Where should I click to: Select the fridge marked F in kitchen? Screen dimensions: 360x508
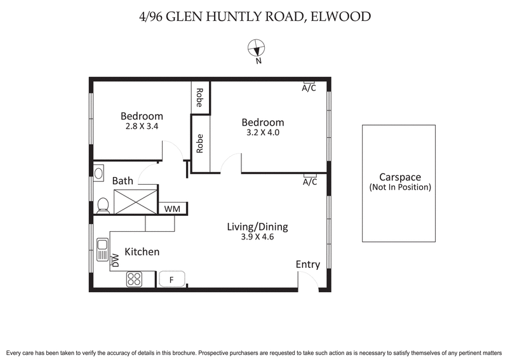[x=171, y=279]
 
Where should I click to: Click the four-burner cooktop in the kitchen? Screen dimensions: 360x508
[x=135, y=278]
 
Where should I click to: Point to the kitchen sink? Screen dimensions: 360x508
[x=102, y=249]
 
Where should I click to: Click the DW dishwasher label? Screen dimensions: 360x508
[x=116, y=260]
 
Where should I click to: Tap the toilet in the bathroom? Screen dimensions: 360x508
[x=102, y=204]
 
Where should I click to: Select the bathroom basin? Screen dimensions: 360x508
[x=98, y=173]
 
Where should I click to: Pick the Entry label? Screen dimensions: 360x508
[x=308, y=265]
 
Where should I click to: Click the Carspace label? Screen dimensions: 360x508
[x=400, y=177]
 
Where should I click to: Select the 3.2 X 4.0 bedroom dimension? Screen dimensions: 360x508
[x=262, y=133]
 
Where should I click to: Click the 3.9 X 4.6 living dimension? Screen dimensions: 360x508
[x=258, y=237]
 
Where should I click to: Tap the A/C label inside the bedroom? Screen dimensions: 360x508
[x=309, y=88]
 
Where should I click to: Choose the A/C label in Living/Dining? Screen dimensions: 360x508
[x=309, y=182]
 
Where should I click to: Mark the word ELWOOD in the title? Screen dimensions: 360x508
[x=342, y=16]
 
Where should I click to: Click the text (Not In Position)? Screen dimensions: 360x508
[x=400, y=187]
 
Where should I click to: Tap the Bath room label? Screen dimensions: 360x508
[x=123, y=181]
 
